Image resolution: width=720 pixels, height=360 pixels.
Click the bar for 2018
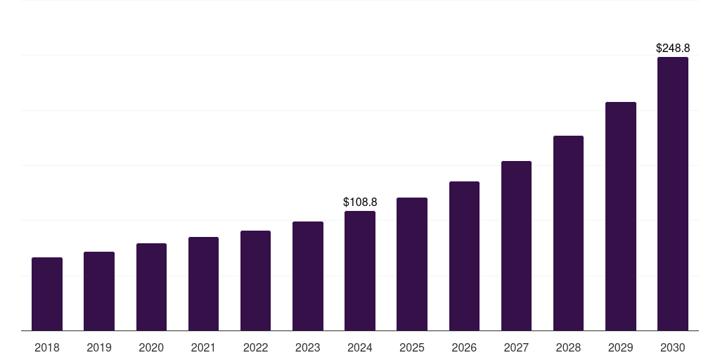pos(47,294)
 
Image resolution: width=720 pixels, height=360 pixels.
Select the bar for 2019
pos(99,291)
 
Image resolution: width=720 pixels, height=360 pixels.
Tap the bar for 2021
pos(203,284)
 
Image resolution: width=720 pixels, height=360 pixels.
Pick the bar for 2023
pos(308,276)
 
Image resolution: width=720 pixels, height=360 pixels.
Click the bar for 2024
pos(360,271)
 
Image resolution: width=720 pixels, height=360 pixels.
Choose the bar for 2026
pos(464,256)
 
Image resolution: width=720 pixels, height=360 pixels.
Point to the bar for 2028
pos(568,233)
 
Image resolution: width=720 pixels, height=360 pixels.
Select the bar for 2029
pos(621,217)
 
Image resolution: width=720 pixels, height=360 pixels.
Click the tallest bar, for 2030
pos(673,194)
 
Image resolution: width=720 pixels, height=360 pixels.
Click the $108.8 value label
pos(360,202)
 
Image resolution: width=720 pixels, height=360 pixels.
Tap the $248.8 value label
pos(673,49)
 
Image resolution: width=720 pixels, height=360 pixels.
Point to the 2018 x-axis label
pos(47,347)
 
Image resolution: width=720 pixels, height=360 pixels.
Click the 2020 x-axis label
pos(151,347)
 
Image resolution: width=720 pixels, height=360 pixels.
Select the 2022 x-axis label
pos(255,347)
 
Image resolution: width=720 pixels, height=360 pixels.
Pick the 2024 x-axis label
pos(360,347)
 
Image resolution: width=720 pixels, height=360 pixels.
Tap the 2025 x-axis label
pos(412,347)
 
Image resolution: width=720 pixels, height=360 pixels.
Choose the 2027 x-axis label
pos(516,347)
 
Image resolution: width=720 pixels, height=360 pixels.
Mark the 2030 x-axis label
pos(673,347)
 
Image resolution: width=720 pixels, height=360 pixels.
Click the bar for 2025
pos(412,264)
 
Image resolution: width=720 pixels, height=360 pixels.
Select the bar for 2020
pos(151,287)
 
